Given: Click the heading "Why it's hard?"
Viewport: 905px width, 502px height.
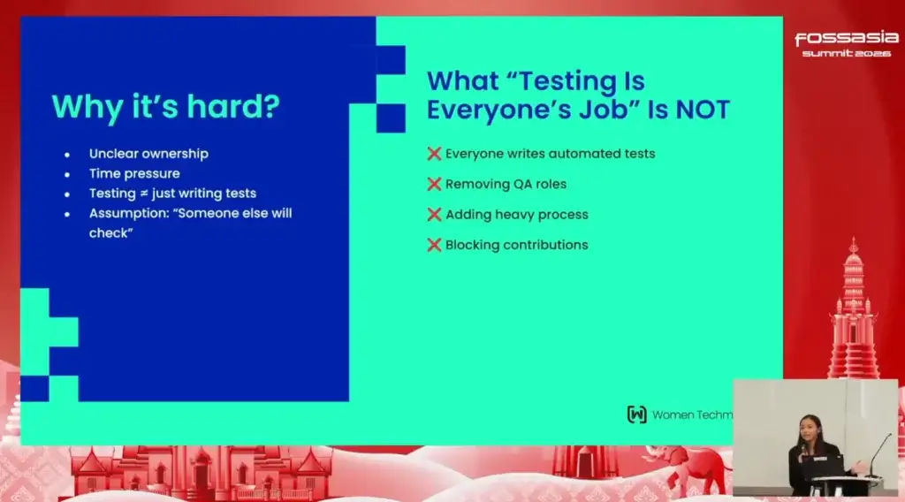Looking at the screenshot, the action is click(165, 107).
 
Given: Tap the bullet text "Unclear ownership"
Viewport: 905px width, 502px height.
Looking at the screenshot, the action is click(148, 154).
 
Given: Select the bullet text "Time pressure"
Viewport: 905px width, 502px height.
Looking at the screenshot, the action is click(134, 173).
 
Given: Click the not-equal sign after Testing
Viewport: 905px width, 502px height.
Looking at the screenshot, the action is click(144, 194).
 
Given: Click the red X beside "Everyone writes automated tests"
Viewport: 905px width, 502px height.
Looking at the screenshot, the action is click(434, 154).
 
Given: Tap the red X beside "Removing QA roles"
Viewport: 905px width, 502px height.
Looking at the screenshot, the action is click(434, 184).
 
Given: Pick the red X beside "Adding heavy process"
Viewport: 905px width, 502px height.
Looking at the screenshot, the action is click(434, 215).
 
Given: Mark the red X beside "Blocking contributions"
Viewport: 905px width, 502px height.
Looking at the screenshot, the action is click(434, 245).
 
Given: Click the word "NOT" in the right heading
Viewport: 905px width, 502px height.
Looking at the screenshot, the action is click(703, 110).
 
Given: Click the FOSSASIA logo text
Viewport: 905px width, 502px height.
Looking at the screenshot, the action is click(847, 38).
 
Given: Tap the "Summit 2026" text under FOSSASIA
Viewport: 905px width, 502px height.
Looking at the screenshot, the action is click(847, 53).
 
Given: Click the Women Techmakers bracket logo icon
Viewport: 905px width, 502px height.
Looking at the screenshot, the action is click(636, 415).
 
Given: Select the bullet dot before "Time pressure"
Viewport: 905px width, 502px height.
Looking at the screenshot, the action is click(67, 174).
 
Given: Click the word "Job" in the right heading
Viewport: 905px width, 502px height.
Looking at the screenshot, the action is click(606, 110).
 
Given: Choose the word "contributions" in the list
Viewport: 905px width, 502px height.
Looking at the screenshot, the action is click(545, 245).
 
